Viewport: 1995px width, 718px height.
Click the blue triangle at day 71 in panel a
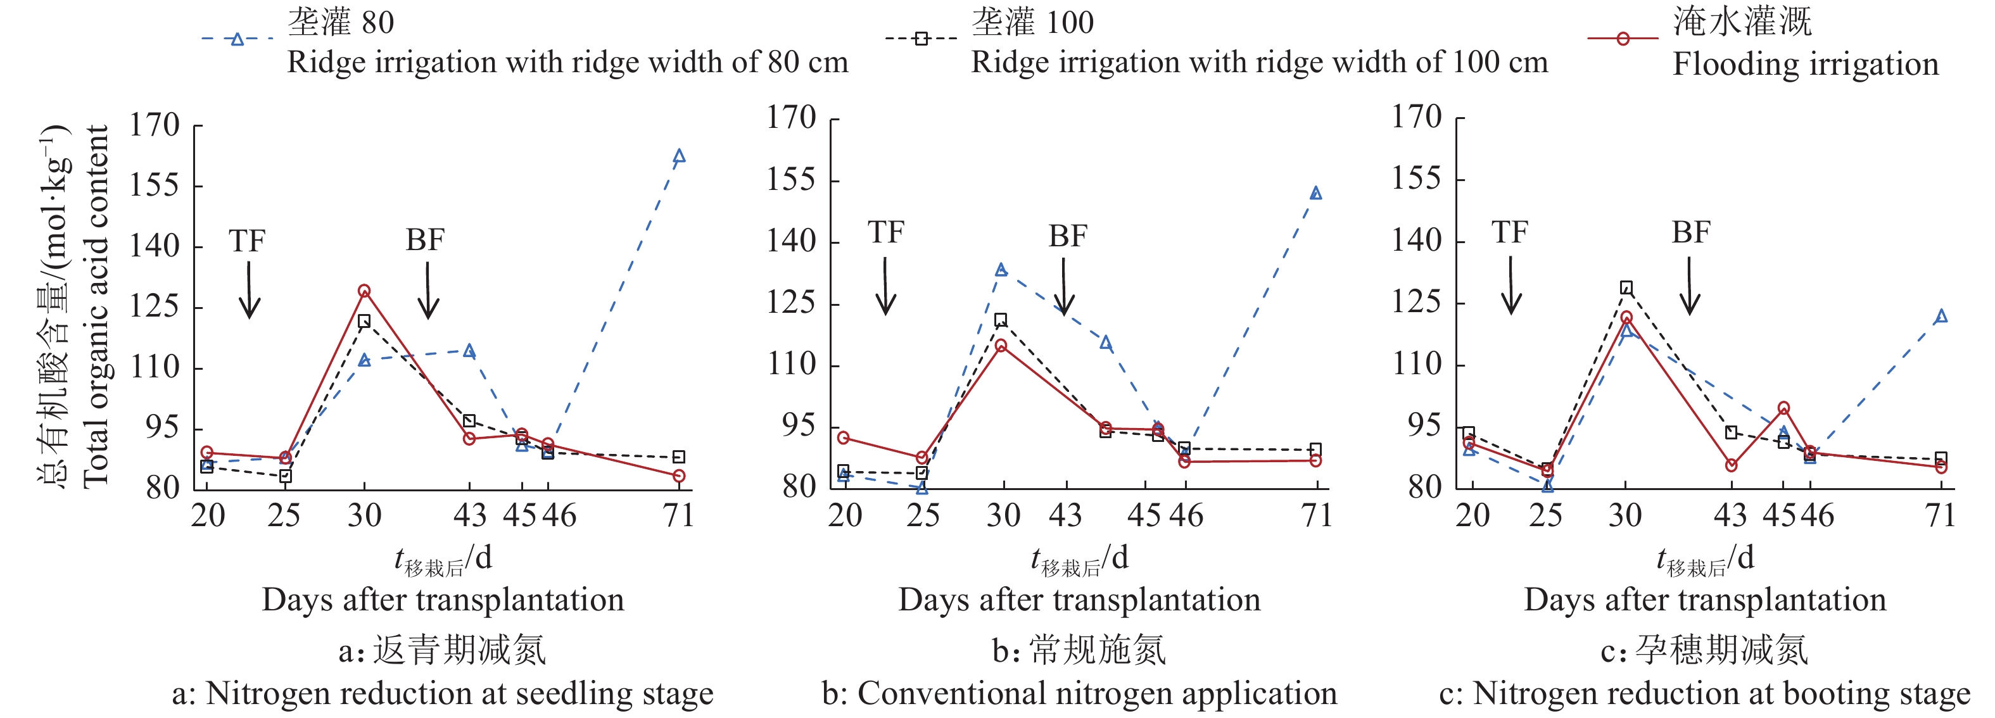coord(679,156)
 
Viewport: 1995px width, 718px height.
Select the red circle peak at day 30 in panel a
coord(364,291)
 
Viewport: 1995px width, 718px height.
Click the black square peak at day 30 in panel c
coord(1626,288)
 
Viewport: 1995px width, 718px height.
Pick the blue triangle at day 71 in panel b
coord(1316,193)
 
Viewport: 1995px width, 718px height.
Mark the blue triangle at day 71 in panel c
coord(1941,316)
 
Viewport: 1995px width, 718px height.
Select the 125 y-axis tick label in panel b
coord(791,303)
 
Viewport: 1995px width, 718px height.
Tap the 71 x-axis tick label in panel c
coord(1941,515)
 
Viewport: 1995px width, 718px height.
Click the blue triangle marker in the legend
coord(237,39)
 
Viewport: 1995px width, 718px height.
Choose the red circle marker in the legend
coord(1623,39)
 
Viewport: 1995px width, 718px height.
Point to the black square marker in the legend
coord(921,39)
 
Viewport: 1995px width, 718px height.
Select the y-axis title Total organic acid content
coord(96,306)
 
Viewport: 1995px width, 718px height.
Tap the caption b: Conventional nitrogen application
coord(1080,693)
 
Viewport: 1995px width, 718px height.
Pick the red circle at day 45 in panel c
coord(1783,408)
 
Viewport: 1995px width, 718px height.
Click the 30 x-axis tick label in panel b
coord(1004,515)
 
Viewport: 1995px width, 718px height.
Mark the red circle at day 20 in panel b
coord(844,438)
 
